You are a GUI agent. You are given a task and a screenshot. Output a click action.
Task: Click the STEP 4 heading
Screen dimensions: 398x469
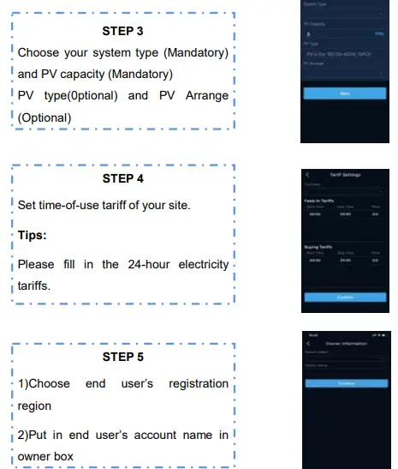click(123, 178)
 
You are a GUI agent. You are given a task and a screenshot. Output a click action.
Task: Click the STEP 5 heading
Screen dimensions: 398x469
click(123, 357)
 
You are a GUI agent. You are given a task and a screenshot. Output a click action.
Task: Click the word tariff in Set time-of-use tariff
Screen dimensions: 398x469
click(129, 206)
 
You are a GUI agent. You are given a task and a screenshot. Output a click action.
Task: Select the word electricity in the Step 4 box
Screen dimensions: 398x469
click(199, 264)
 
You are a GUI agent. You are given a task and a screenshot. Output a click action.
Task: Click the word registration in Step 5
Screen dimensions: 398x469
click(198, 383)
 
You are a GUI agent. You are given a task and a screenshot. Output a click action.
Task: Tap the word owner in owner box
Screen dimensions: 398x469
click(35, 455)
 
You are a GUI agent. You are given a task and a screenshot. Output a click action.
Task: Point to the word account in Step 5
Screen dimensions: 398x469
click(140, 435)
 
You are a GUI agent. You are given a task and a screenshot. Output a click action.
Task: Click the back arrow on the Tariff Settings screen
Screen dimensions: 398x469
click(307, 175)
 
